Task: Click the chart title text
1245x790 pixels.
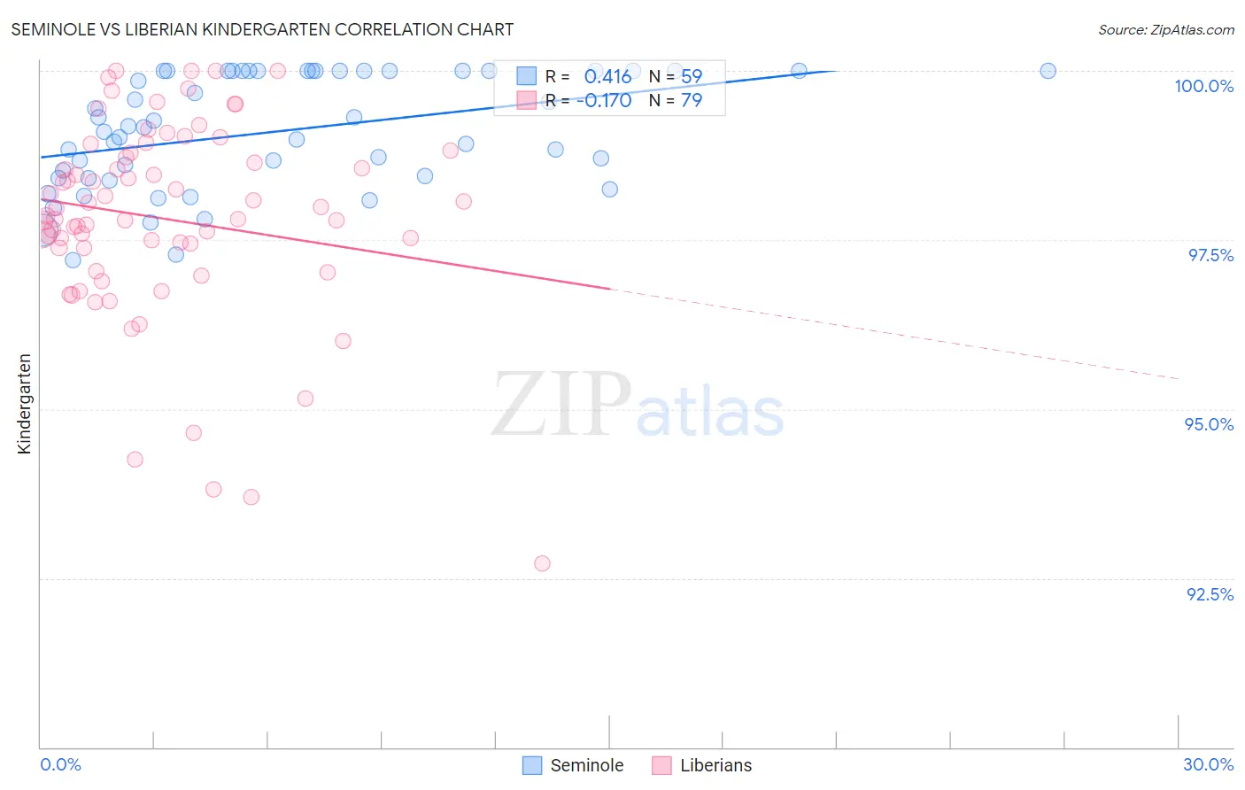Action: (x=262, y=29)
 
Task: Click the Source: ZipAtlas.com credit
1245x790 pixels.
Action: (x=1165, y=29)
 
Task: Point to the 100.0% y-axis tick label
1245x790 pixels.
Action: (x=1203, y=86)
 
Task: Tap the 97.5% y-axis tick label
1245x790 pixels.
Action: (x=1210, y=255)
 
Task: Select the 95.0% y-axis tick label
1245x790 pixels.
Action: (x=1209, y=424)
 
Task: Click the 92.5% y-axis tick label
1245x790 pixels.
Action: (x=1210, y=594)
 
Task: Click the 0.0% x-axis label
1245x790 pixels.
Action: (x=60, y=764)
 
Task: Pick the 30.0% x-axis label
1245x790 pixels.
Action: (x=1208, y=764)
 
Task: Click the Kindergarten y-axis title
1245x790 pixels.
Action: (x=24, y=404)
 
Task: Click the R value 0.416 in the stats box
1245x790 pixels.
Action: (x=607, y=77)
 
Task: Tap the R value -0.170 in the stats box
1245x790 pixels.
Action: (x=604, y=101)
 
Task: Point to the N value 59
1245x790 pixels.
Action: (x=691, y=77)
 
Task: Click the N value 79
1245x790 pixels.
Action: (x=691, y=101)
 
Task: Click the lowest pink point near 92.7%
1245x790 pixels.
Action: (x=542, y=563)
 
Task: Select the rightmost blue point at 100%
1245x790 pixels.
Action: (x=1048, y=71)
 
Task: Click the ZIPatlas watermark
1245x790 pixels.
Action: (x=638, y=405)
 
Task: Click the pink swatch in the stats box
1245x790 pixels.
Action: (x=527, y=100)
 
